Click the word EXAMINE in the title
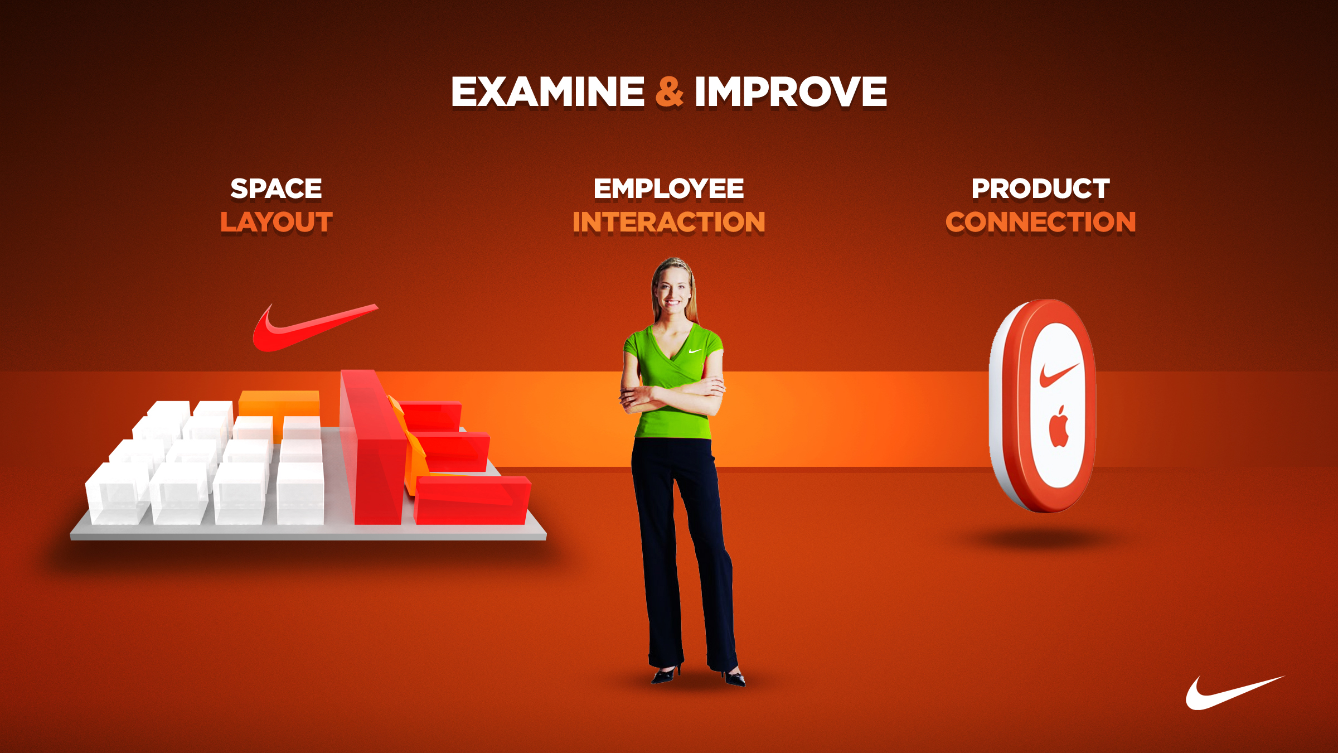coord(548,91)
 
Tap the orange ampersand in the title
coord(669,91)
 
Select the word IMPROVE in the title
coord(791,91)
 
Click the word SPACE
coord(276,189)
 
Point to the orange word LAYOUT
coord(276,222)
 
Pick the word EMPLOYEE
coord(668,189)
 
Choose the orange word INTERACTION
coord(668,222)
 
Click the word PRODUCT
coord(1040,189)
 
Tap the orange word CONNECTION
coord(1040,222)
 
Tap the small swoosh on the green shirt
coord(694,351)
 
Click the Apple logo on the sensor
coord(1059,427)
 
